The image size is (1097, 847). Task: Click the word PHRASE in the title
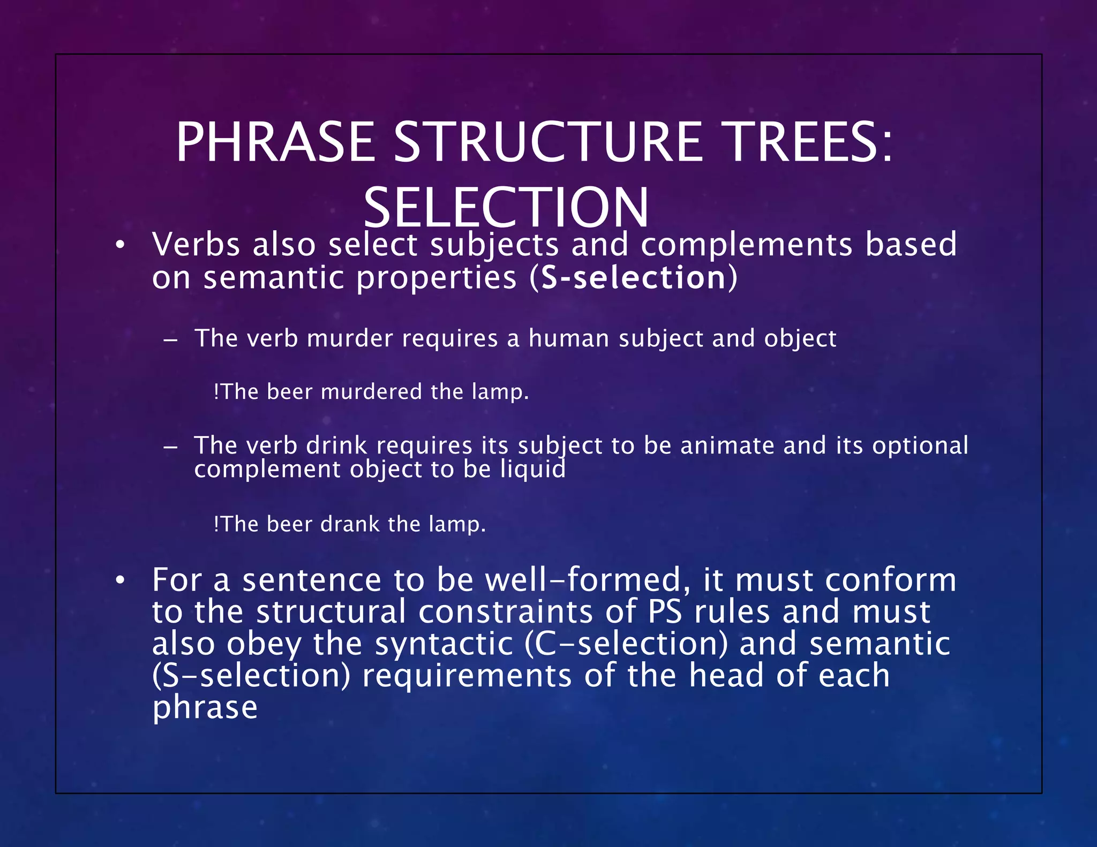coord(275,142)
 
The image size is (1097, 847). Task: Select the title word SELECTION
coord(506,208)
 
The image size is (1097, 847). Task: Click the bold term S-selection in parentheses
coord(633,278)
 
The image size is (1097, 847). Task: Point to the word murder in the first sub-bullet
coord(350,338)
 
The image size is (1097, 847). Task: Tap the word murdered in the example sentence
coord(371,392)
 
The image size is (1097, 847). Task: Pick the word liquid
coord(532,470)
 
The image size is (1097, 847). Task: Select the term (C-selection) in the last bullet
coord(626,644)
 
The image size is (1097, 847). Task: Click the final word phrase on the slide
coord(205,708)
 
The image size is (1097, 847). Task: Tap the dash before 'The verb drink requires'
coord(170,447)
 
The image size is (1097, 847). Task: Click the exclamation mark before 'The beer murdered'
coord(216,392)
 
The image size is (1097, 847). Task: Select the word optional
coord(920,445)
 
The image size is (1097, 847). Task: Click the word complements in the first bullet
coord(746,245)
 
